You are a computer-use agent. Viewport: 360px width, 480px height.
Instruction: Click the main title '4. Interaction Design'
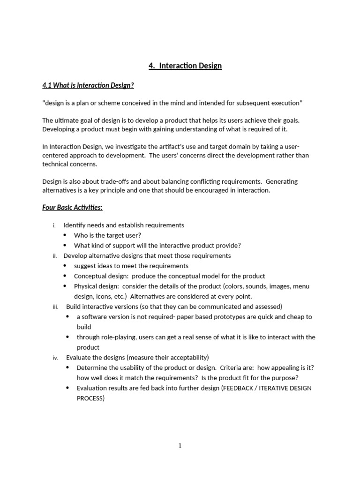coord(185,66)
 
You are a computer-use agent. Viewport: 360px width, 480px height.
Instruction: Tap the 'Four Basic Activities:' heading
coord(72,208)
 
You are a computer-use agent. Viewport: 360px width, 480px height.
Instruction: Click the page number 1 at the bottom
coord(180,446)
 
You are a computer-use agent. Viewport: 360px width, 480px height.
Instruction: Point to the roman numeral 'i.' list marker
coord(54,225)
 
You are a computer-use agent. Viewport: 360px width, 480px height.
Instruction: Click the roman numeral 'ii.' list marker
coord(54,256)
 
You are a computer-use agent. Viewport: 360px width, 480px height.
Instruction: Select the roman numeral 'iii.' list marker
coord(55,307)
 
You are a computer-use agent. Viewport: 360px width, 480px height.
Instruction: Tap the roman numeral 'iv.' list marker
coord(55,358)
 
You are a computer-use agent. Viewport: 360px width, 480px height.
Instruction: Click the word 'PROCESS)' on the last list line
coord(91,398)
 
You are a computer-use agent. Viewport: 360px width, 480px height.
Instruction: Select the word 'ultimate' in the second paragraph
coord(67,120)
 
